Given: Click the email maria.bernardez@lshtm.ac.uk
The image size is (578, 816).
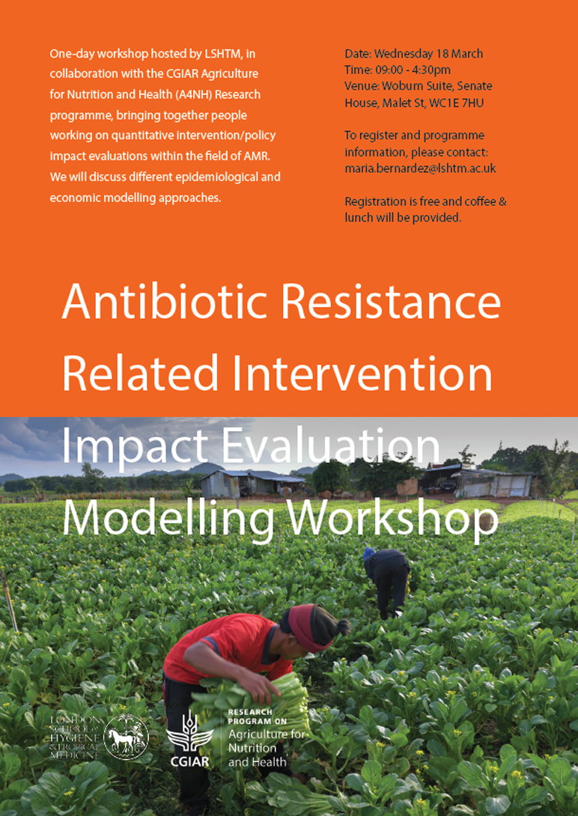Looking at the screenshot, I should (x=420, y=168).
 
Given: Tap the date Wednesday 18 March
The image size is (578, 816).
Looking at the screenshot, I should (x=428, y=54).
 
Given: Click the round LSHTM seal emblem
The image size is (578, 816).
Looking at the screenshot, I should (x=126, y=734).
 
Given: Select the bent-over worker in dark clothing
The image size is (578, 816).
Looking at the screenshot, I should (x=388, y=578).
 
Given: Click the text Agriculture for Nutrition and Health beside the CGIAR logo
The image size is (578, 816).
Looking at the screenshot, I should (x=266, y=748).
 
